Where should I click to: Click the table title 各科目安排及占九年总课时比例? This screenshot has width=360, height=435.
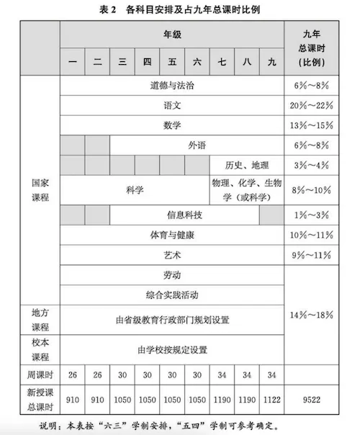(x=180, y=10)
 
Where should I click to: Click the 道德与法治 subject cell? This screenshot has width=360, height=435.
(x=172, y=85)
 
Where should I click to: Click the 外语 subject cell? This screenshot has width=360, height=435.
(x=197, y=145)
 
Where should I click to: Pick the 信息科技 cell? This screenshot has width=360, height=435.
(x=184, y=215)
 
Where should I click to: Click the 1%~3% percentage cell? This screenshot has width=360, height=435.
(x=312, y=215)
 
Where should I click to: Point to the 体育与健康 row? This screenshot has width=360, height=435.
(x=172, y=236)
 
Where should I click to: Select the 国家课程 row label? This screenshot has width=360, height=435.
(x=40, y=189)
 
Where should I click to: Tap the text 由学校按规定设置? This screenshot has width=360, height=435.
(x=172, y=349)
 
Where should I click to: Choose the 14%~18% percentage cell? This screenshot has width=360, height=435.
(x=312, y=315)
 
